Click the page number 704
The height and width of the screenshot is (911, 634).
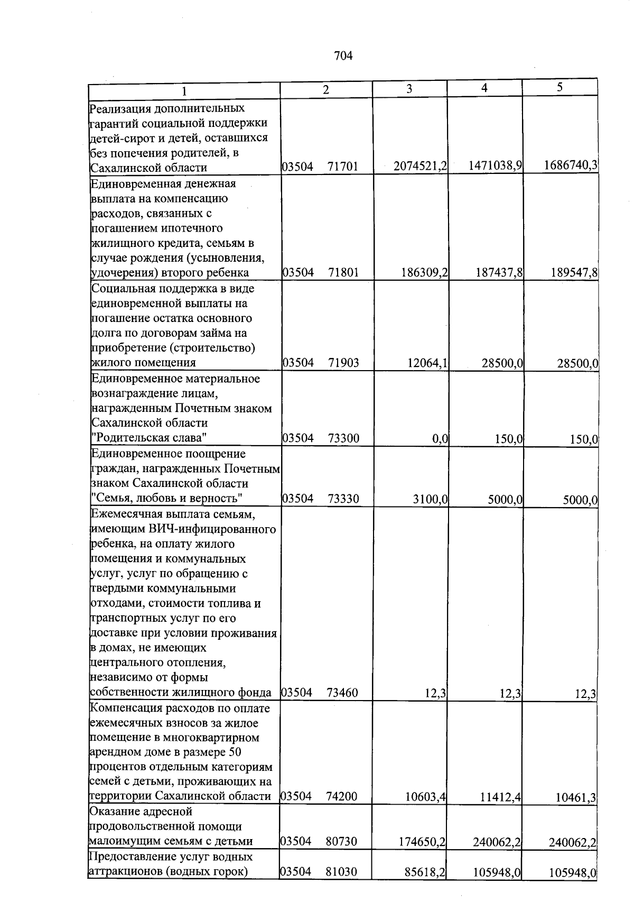[x=343, y=56]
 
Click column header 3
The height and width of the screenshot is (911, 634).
[x=409, y=89]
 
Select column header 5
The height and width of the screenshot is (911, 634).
[x=559, y=87]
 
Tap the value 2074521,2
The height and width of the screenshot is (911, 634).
[x=420, y=166]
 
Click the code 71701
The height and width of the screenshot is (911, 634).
[x=343, y=167]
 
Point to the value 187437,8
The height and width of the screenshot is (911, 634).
[x=496, y=272]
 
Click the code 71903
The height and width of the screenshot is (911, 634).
[x=343, y=363]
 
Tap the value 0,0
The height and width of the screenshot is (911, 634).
[x=440, y=438]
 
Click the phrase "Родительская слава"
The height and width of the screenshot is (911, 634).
[x=148, y=438]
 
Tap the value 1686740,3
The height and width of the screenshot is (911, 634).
[x=570, y=165]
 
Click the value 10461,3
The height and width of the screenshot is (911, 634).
[x=576, y=797]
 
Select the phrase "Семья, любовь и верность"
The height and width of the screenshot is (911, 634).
[x=166, y=498]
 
